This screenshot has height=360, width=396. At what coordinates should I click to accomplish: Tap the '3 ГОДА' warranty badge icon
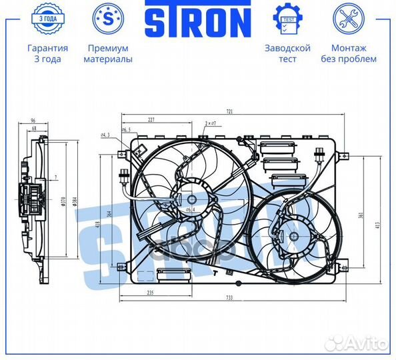47,18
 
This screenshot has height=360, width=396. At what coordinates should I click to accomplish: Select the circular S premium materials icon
107,18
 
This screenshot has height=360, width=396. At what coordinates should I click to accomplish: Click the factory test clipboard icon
287,18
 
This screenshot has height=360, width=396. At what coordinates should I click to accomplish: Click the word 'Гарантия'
47,49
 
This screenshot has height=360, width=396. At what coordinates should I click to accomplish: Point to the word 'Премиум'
107,49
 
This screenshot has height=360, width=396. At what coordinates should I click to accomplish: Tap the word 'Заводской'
287,49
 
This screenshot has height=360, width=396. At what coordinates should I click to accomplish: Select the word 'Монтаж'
349,49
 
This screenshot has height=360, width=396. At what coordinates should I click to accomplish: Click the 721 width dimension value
229,111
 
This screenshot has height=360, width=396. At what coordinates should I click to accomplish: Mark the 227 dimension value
151,120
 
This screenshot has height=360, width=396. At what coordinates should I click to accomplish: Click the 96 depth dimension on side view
33,121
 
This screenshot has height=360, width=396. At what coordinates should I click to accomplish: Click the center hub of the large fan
192,199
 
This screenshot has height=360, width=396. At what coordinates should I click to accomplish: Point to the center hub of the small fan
291,234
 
